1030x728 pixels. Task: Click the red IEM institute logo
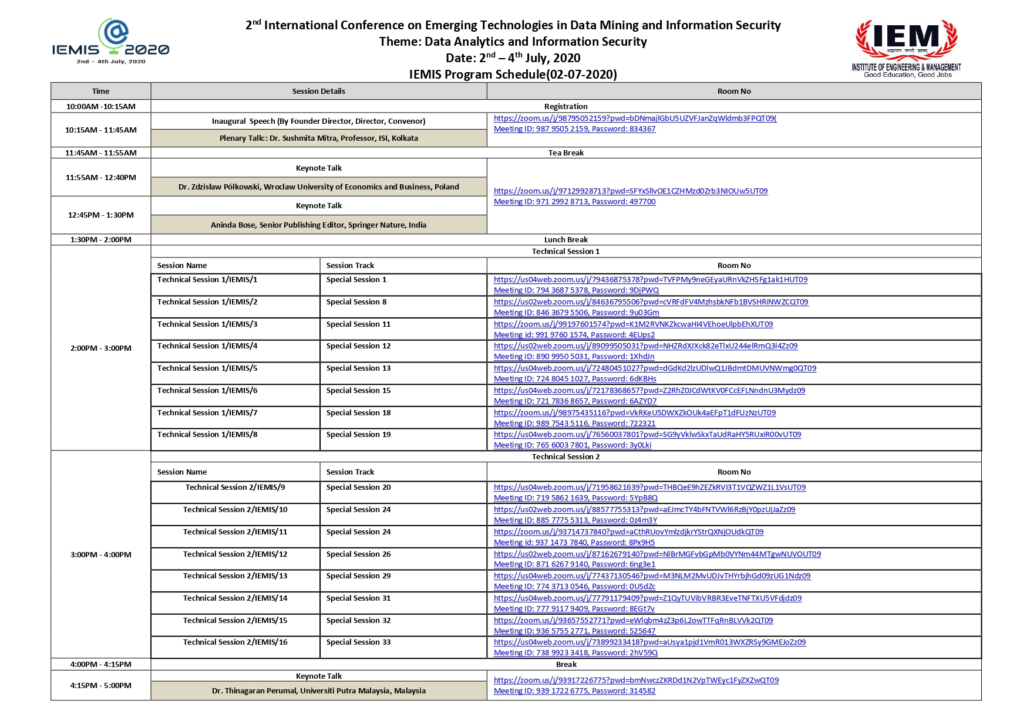click(x=907, y=48)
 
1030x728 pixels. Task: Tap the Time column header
click(x=100, y=91)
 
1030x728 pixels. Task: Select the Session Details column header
click(x=318, y=91)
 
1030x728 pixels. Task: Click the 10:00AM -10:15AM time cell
click(x=100, y=106)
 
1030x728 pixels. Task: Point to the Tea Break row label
click(x=566, y=153)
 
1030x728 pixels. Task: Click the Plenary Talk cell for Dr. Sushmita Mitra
click(x=318, y=138)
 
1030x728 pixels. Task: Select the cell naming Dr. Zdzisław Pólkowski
click(x=318, y=187)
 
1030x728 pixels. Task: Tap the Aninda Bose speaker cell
click(x=318, y=225)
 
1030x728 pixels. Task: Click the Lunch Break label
click(x=566, y=239)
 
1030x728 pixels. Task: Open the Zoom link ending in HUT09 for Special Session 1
click(x=650, y=280)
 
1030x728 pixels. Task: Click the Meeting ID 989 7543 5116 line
click(x=574, y=423)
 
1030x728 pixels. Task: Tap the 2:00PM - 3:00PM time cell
click(x=100, y=348)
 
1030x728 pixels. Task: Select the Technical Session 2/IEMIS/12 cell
click(x=235, y=554)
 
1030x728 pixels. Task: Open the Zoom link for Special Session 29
click(x=652, y=575)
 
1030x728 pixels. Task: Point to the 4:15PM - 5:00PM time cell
click(x=100, y=685)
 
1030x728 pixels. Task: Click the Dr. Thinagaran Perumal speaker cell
click(x=318, y=690)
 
